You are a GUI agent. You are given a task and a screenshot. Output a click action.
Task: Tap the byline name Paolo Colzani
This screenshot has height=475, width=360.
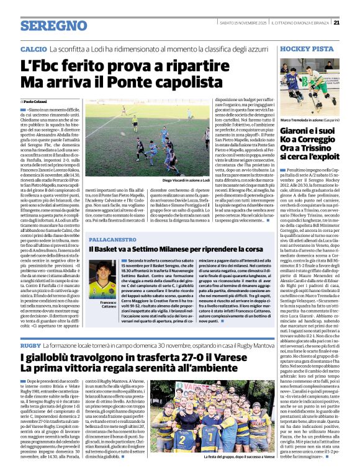(x=38, y=101)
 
